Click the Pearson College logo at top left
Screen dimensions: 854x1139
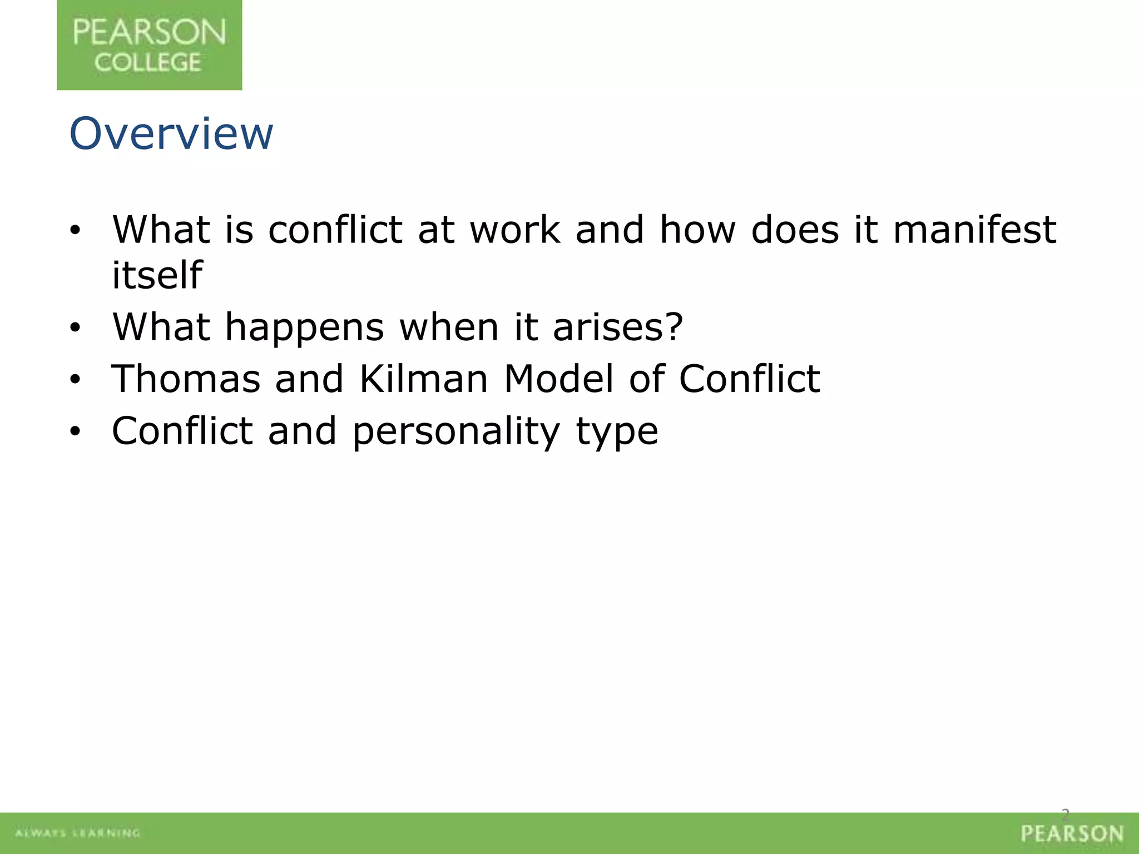pos(149,45)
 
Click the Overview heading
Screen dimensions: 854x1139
pos(171,134)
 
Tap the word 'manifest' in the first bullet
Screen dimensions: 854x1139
pos(974,230)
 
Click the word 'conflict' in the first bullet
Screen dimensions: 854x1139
pos(335,230)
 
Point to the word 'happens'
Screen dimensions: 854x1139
pos(304,328)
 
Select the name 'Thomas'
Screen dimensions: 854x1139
pos(186,379)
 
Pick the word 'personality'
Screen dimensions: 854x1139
pos(456,432)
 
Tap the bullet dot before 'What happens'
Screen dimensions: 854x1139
pos(76,329)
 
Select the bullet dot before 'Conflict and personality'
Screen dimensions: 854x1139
pos(76,432)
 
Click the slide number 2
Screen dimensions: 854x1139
pos(1066,815)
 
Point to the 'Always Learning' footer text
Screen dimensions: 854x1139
pos(78,833)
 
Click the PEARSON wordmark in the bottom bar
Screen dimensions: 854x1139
pos(1072,834)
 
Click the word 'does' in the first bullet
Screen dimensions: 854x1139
pos(794,230)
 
